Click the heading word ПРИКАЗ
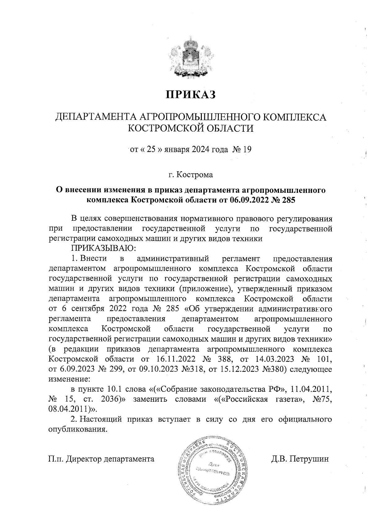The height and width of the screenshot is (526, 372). click(190, 95)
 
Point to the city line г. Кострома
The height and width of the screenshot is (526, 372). click(190, 175)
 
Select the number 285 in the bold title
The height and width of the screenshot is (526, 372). click(286, 200)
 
